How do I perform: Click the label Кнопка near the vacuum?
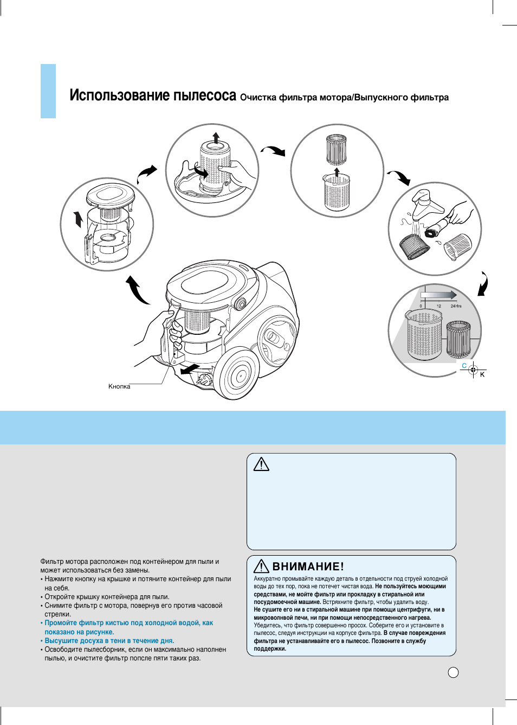(119, 386)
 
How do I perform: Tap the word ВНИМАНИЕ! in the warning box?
(308, 567)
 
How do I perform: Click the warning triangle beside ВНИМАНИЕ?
(261, 566)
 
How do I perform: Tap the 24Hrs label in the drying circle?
(456, 306)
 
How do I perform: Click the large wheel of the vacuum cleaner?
(237, 374)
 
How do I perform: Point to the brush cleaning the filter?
(439, 227)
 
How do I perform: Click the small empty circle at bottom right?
(454, 672)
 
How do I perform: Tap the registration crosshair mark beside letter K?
(473, 370)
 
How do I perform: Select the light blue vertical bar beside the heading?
(48, 91)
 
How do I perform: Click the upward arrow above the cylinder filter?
(216, 136)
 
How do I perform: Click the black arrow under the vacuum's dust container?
(189, 369)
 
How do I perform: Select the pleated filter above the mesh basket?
(337, 150)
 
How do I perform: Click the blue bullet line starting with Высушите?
(109, 641)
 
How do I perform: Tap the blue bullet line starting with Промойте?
(128, 623)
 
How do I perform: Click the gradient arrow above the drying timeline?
(439, 295)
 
